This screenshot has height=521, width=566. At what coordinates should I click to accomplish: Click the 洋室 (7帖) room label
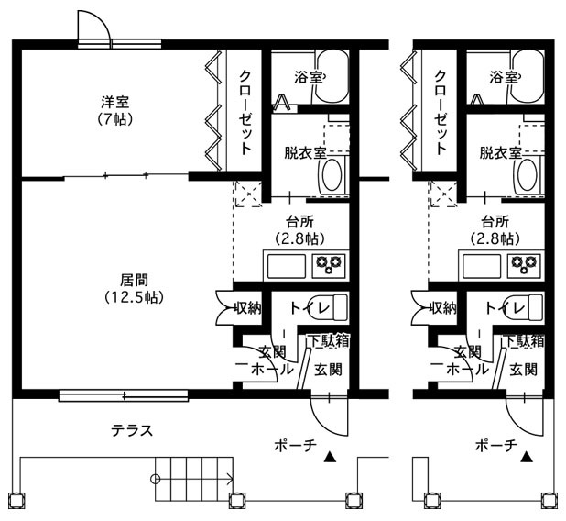[x=114, y=110]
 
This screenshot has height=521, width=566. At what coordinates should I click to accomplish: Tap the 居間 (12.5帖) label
[x=135, y=288]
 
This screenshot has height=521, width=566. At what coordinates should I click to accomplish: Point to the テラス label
[x=132, y=430]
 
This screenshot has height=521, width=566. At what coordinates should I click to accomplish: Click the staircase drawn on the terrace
[x=194, y=479]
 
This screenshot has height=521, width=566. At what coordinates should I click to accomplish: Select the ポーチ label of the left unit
[x=295, y=445]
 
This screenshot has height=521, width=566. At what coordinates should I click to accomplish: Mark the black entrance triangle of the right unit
[x=527, y=457]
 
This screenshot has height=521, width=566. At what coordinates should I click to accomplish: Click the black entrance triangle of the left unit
[x=330, y=457]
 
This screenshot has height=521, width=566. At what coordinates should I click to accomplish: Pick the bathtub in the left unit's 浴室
[x=332, y=77]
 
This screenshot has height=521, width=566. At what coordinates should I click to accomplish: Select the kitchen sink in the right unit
[x=482, y=266]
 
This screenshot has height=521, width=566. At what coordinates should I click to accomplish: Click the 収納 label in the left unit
[x=247, y=308]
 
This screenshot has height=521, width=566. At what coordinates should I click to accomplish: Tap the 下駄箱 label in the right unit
[x=524, y=340]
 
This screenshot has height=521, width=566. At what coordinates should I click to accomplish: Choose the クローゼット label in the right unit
[x=441, y=113]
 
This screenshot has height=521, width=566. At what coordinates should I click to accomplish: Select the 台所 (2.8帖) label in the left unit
[x=300, y=229]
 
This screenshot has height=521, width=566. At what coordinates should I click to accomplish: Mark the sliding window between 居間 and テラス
[x=124, y=395]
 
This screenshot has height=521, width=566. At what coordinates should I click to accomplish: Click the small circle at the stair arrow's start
[x=155, y=480]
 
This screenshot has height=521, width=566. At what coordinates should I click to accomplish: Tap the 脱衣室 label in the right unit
[x=500, y=153]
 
